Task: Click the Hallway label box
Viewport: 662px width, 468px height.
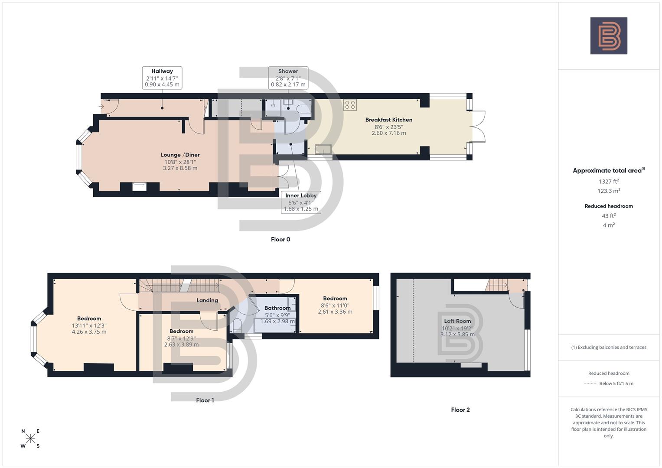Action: pyautogui.click(x=162, y=78)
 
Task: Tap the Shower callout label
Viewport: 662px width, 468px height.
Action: pyautogui.click(x=288, y=78)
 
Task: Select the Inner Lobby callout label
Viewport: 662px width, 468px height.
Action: pyautogui.click(x=301, y=202)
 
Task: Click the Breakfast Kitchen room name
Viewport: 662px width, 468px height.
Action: pyautogui.click(x=388, y=120)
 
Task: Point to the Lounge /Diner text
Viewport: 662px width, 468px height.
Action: pyautogui.click(x=180, y=155)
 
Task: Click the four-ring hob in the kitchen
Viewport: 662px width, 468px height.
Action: pyautogui.click(x=350, y=105)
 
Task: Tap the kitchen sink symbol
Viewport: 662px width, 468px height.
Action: pyautogui.click(x=323, y=149)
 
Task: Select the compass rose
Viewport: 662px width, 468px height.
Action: pyautogui.click(x=30, y=439)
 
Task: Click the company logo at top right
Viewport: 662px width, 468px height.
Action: pyautogui.click(x=608, y=36)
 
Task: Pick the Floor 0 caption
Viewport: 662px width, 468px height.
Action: pyautogui.click(x=280, y=240)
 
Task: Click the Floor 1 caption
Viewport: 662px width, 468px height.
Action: pyautogui.click(x=205, y=400)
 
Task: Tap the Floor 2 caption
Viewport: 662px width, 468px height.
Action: pyautogui.click(x=460, y=410)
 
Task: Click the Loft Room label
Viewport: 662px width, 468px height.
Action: pyautogui.click(x=457, y=321)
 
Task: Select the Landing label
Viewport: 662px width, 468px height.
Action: pyautogui.click(x=207, y=300)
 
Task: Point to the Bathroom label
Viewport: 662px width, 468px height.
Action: pyautogui.click(x=277, y=309)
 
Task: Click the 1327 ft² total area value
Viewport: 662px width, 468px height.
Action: pyautogui.click(x=609, y=182)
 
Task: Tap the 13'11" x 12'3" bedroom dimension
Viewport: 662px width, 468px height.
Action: pyautogui.click(x=89, y=325)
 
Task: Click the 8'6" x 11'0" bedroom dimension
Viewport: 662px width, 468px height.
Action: pyautogui.click(x=335, y=305)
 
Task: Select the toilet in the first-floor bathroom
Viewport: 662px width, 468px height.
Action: pyautogui.click(x=237, y=325)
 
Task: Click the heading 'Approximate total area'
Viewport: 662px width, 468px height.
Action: pyautogui.click(x=608, y=171)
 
